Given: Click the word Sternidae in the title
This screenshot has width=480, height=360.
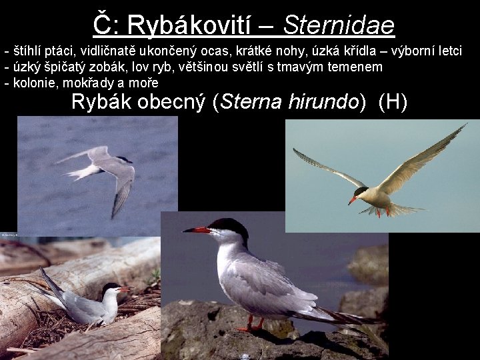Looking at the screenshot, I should [339, 25].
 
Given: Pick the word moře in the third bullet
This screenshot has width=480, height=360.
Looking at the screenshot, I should [145, 83].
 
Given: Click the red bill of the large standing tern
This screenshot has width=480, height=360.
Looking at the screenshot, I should [196, 230].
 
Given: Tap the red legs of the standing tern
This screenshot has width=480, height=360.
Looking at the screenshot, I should [251, 325].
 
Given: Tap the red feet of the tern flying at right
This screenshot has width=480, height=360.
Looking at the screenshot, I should [381, 212].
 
